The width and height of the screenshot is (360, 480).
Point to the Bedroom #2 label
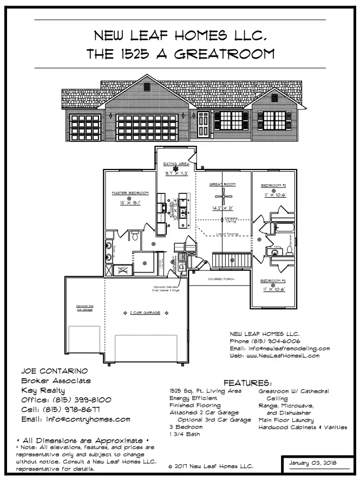click(273, 185)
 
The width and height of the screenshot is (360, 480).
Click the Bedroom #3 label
click(273, 281)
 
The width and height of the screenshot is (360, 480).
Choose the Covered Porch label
click(222, 279)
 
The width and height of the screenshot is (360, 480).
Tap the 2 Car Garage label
click(143, 313)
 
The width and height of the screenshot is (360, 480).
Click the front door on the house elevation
click(203, 125)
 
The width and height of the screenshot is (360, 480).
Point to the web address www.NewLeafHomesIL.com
click(282, 356)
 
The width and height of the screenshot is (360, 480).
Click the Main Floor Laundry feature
click(286, 420)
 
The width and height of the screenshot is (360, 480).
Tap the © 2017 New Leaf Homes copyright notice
click(211, 466)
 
